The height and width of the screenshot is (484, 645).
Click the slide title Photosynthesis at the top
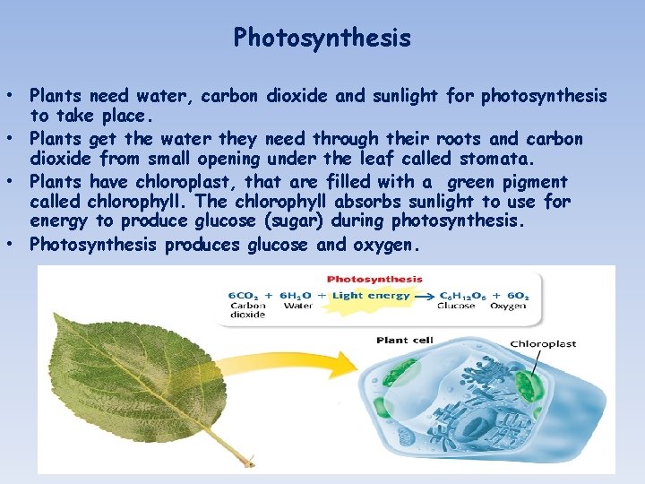tap(322, 38)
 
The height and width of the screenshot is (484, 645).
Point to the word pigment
tap(535, 182)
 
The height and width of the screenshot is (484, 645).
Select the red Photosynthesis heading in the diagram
tap(374, 279)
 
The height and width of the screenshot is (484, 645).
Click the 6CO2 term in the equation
tap(243, 295)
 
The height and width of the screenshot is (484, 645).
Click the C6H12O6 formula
tap(457, 295)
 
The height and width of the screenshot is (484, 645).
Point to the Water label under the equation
tap(297, 307)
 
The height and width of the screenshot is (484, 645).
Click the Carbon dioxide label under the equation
tap(247, 310)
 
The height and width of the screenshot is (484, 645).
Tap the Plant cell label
tap(405, 340)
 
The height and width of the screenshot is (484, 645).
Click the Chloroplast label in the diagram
tap(543, 343)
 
